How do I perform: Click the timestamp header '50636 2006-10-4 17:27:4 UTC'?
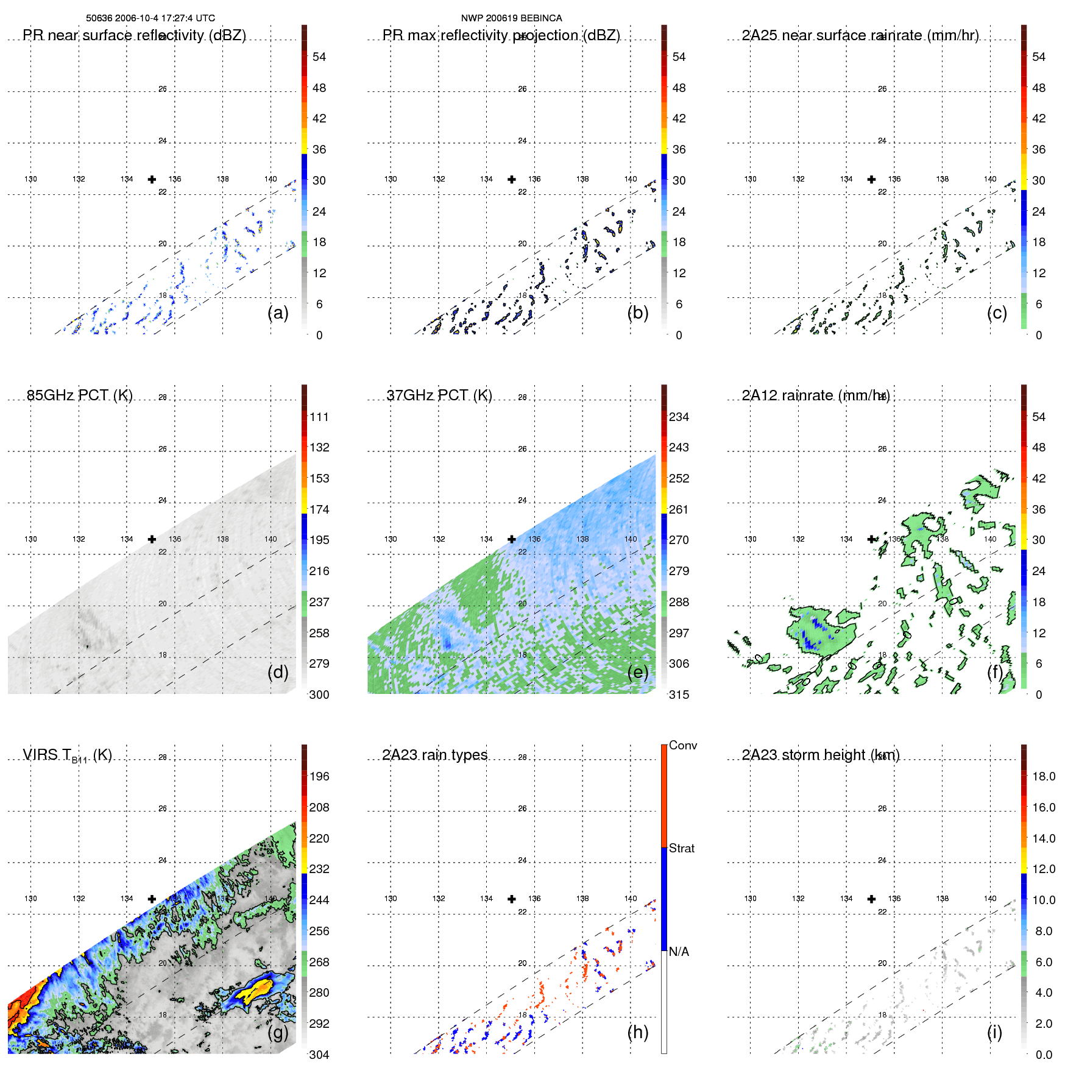point(150,18)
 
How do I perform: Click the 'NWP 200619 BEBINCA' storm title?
point(511,18)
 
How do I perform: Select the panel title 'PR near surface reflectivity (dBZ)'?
point(134,35)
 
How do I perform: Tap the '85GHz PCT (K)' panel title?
point(80,395)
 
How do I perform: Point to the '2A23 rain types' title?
point(434,755)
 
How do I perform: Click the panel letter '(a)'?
point(278,313)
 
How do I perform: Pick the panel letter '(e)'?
point(637,672)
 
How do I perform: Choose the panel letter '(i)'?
point(994,1032)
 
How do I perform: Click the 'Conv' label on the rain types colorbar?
point(682,745)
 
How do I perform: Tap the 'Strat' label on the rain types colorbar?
point(681,848)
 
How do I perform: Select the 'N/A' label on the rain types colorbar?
point(679,952)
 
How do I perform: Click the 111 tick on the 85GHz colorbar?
point(319,417)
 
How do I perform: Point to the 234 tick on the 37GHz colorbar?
point(679,417)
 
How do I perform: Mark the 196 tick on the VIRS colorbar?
point(319,776)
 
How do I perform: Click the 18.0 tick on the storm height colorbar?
point(1043,776)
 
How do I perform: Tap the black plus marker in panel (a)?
point(152,179)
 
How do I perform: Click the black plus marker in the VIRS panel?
point(152,899)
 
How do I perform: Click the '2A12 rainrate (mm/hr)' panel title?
point(815,395)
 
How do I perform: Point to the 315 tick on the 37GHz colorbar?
point(679,695)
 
